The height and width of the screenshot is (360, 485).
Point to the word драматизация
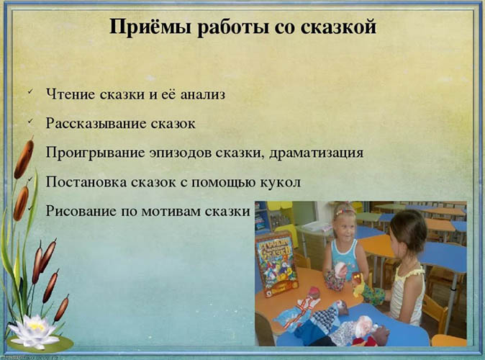pyautogui.click(x=322, y=153)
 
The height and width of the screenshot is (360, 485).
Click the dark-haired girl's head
pyautogui.click(x=409, y=230)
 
